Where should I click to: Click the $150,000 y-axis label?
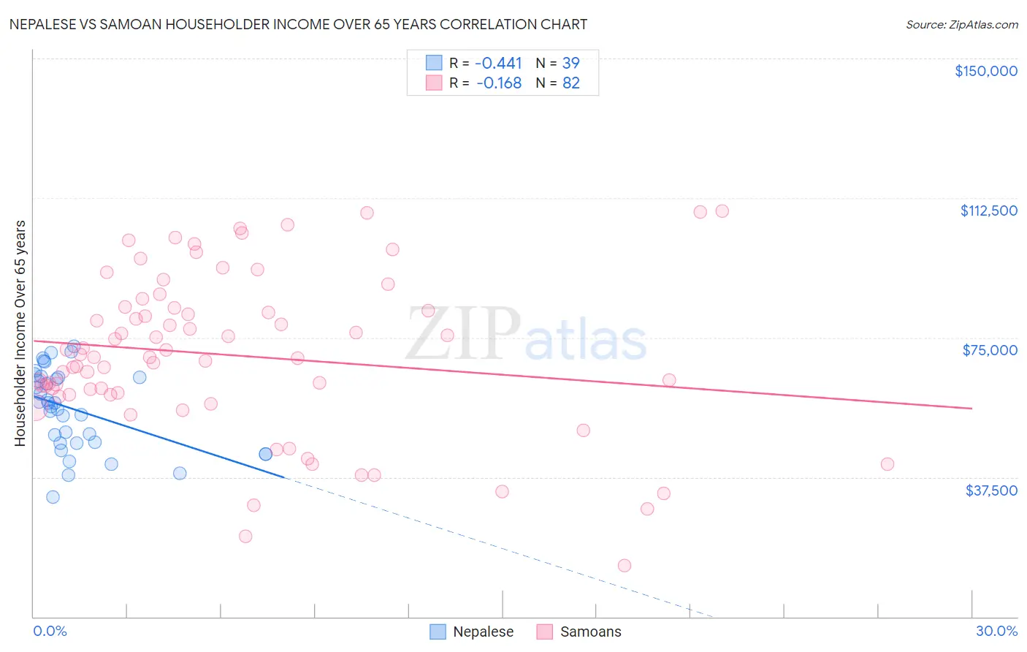(x=985, y=71)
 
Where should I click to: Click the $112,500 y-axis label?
(x=988, y=211)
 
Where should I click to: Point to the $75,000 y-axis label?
(x=990, y=350)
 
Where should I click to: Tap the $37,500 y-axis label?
(x=991, y=490)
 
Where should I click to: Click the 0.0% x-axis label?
(x=50, y=631)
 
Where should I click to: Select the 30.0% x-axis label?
(x=996, y=631)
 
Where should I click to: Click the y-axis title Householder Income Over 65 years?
(x=20, y=333)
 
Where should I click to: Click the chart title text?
(x=298, y=24)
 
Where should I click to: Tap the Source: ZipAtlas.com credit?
(x=961, y=24)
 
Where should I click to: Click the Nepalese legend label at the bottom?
(x=483, y=632)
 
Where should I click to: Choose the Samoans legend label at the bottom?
(x=590, y=632)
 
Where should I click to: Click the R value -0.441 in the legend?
(x=498, y=63)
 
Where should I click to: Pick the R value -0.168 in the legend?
(x=498, y=83)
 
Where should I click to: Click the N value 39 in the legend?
(x=570, y=63)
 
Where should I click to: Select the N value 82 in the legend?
(x=570, y=83)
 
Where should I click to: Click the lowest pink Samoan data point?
(x=624, y=565)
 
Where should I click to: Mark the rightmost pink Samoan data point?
(x=887, y=464)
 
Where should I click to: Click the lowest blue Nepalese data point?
(x=53, y=497)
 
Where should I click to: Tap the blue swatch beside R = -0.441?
(x=434, y=63)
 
